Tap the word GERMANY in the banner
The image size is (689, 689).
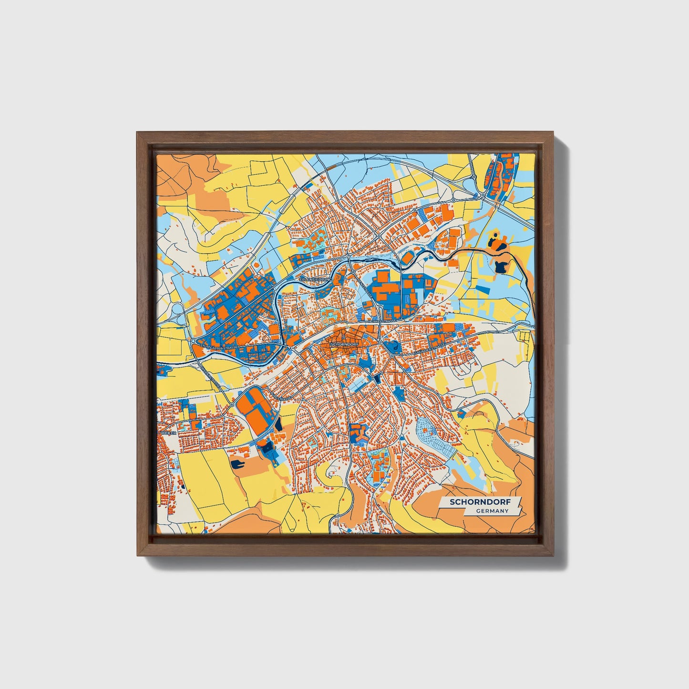click(x=492, y=511)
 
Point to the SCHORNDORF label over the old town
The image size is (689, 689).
click(x=344, y=343)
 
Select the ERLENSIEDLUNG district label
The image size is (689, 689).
click(x=314, y=278)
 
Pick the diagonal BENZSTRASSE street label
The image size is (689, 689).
click(x=367, y=290)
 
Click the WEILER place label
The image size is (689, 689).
click(x=169, y=432)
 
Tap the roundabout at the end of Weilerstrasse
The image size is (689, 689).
click(x=232, y=404)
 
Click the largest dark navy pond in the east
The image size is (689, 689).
click(x=501, y=266)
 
